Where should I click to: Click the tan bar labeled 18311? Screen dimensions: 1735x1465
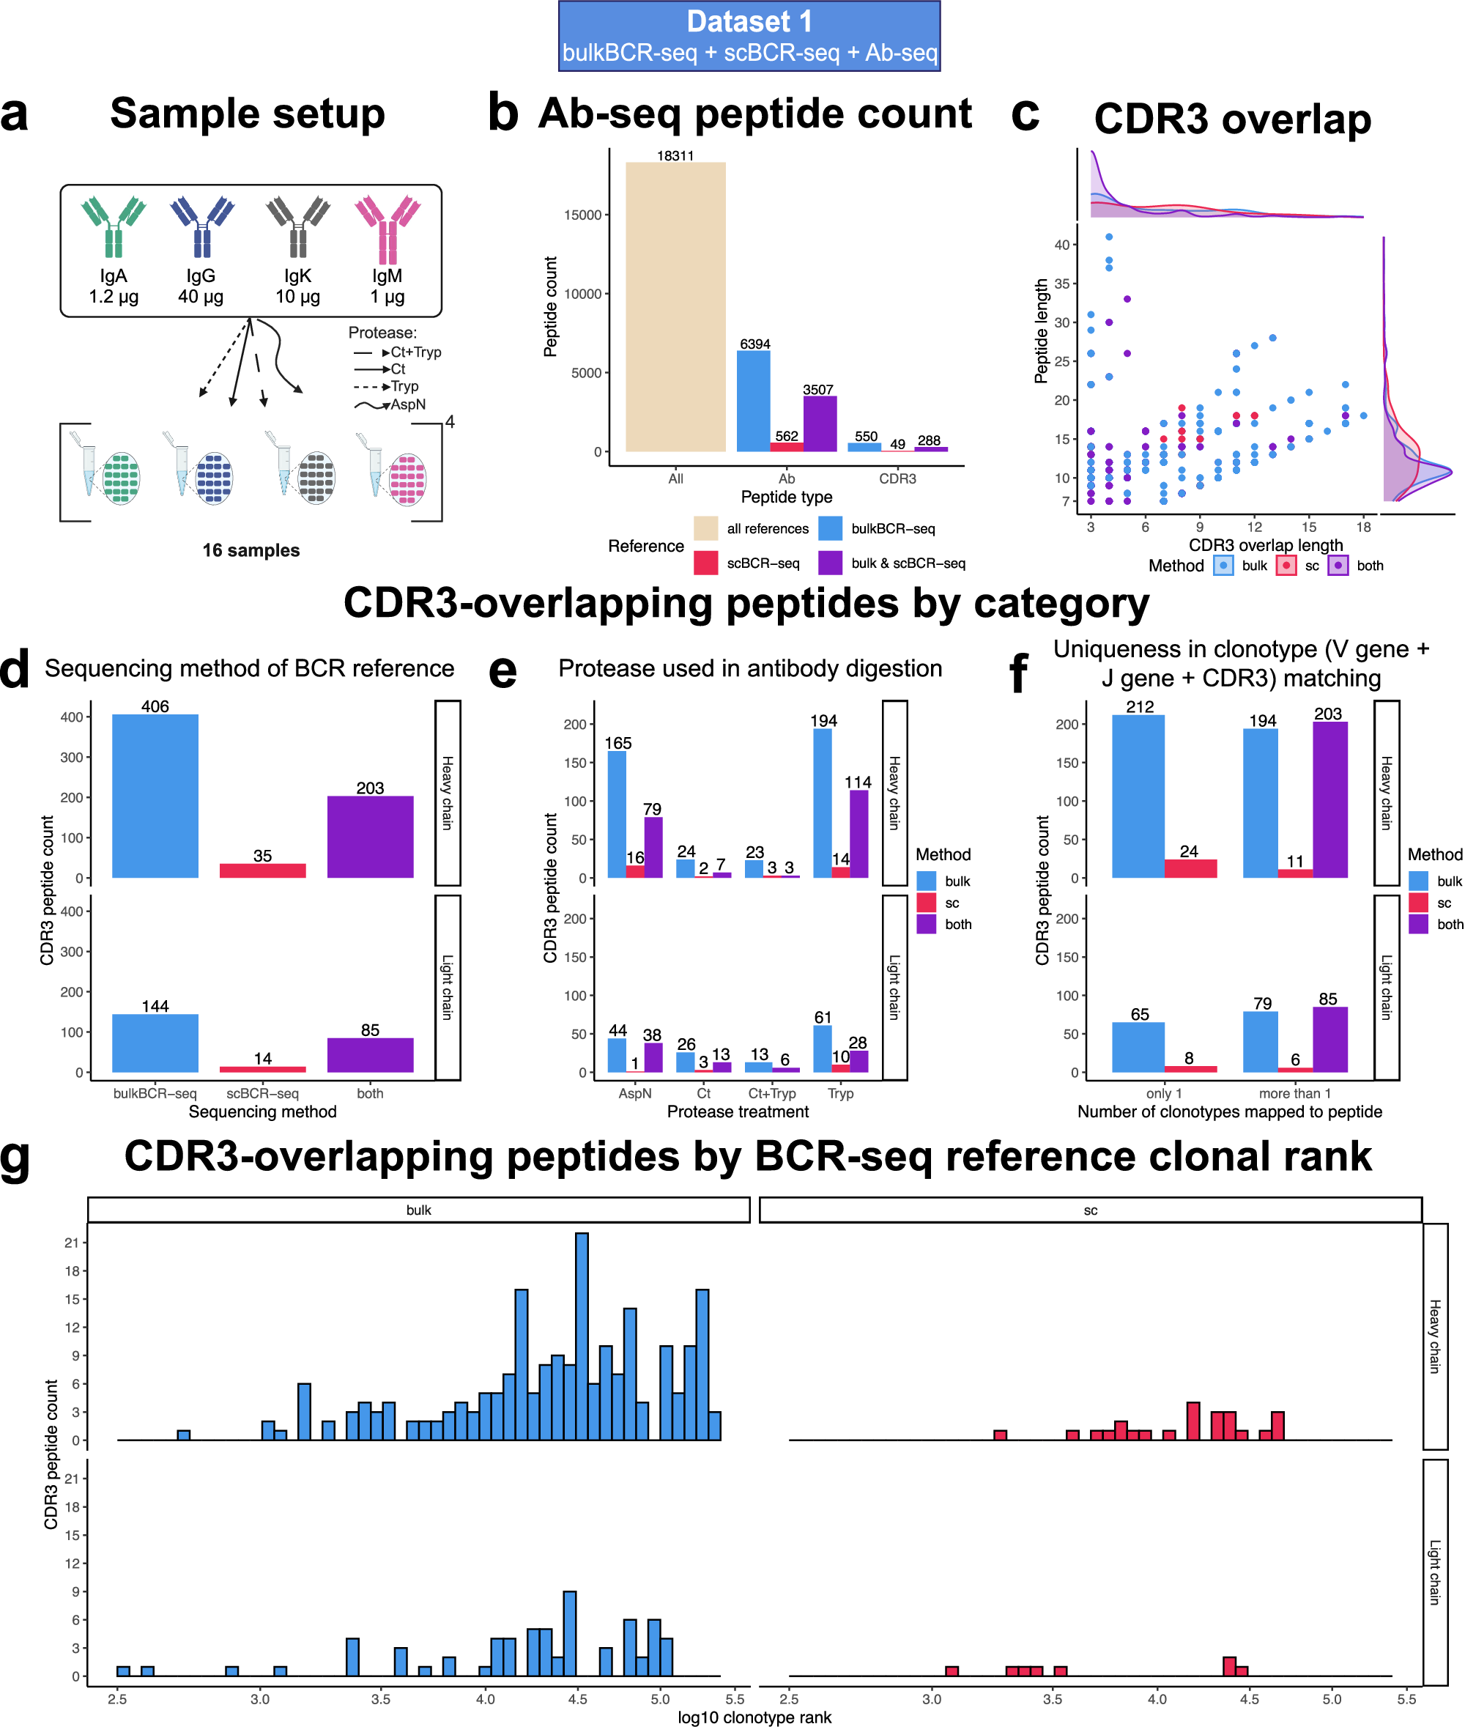[x=675, y=307]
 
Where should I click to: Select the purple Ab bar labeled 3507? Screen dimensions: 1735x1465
[x=819, y=423]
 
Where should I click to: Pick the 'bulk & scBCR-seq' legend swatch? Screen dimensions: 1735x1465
[x=830, y=563]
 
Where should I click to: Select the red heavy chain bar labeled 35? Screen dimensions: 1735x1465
[x=262, y=870]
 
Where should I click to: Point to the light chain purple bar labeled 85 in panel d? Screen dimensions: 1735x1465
[x=370, y=1055]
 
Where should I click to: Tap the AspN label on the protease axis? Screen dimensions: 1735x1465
[x=634, y=1093]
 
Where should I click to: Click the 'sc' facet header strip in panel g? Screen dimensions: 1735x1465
[x=1090, y=1210]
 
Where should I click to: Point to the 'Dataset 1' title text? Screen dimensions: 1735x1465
[x=749, y=21]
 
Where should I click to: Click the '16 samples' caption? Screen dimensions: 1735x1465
[x=251, y=550]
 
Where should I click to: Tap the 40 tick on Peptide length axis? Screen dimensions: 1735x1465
[x=1061, y=245]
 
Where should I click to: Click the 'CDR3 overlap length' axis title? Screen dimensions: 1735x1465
[x=1265, y=545]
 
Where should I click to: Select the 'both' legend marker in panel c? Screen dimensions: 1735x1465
[x=1337, y=566]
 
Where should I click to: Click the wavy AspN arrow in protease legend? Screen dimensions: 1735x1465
[x=371, y=405]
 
